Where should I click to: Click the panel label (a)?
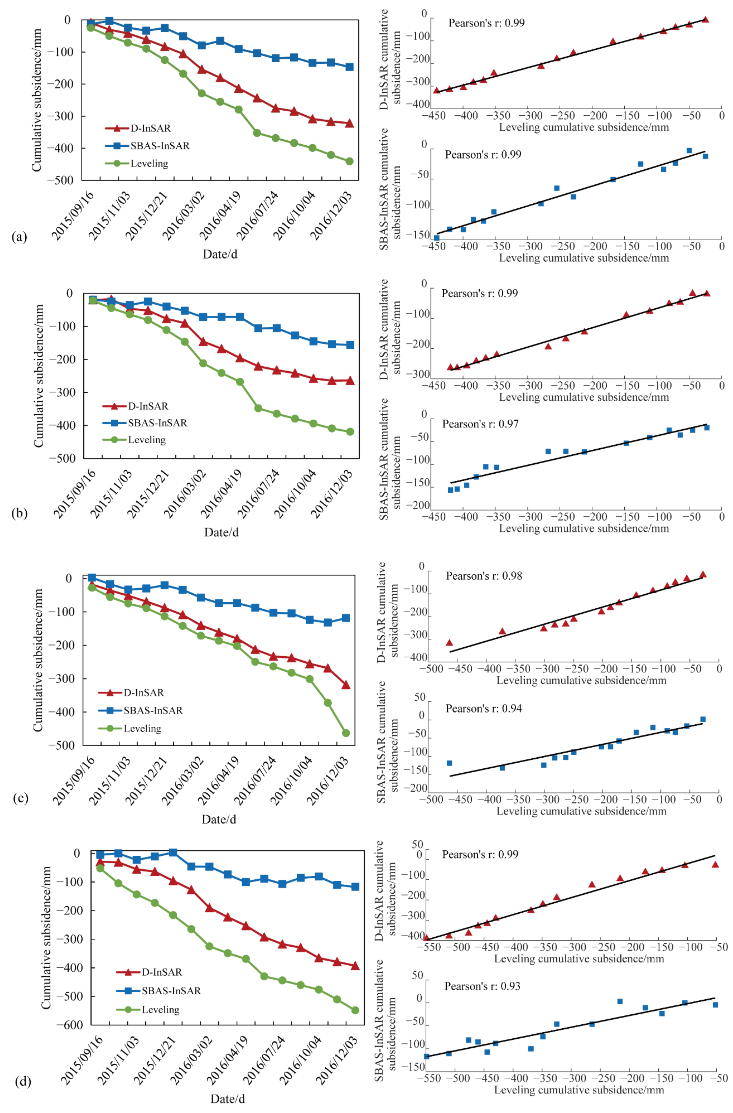[19, 237]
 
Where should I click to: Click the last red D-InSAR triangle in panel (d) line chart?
[355, 966]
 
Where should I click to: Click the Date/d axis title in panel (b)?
[221, 532]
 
